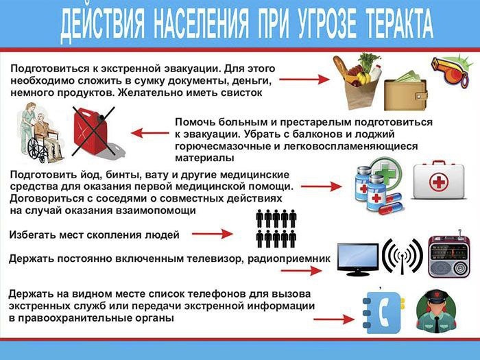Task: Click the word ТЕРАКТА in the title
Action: click(399, 24)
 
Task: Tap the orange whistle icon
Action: click(449, 72)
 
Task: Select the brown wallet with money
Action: click(406, 91)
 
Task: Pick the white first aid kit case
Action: click(439, 180)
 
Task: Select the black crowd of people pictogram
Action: click(276, 228)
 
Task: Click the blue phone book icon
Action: click(383, 311)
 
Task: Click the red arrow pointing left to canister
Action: click(150, 133)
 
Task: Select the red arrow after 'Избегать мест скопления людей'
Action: click(212, 235)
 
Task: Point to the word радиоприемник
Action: click(289, 259)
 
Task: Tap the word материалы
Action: click(204, 158)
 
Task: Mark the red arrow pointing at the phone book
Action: click(334, 320)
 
